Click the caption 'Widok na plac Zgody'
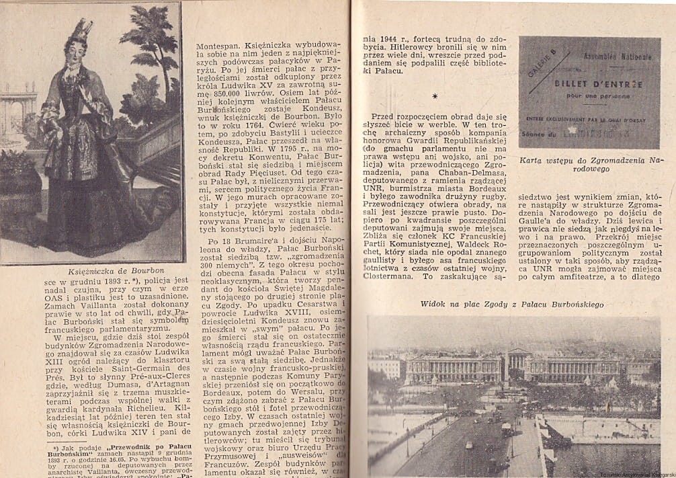point(512,305)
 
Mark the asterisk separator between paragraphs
point(435,96)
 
